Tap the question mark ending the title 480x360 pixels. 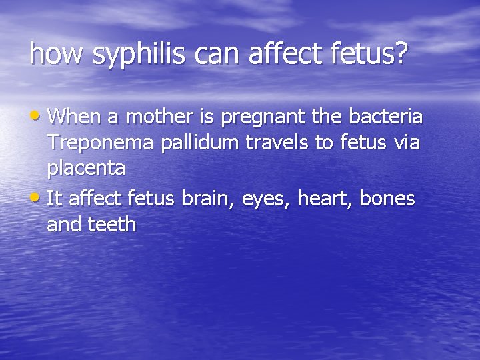[400, 54]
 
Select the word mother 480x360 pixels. [159, 117]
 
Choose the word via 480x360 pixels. [403, 142]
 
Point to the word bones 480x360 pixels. [387, 198]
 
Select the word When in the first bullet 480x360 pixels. [75, 117]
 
